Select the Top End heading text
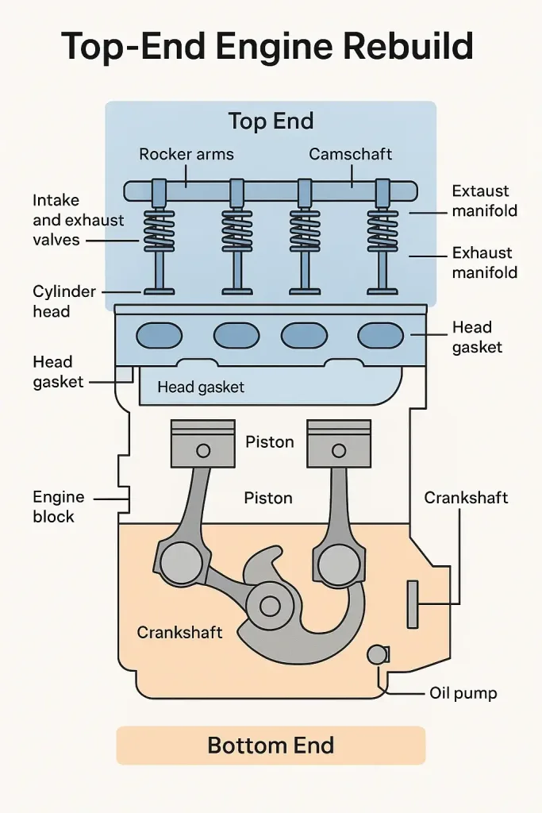coord(271,121)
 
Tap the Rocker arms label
coord(186,154)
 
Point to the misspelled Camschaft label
coord(351,154)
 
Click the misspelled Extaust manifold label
coord(484,201)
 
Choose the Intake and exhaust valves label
coord(67,219)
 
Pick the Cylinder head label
coord(63,302)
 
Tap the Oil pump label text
coord(463,693)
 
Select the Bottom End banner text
coord(271,746)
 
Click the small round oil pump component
coord(376,654)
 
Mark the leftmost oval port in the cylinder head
coord(159,336)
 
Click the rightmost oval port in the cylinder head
coord(380,336)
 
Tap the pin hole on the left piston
coord(203,451)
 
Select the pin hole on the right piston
coord(338,451)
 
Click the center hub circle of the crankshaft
coord(270,607)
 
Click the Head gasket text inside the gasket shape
coord(201,387)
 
